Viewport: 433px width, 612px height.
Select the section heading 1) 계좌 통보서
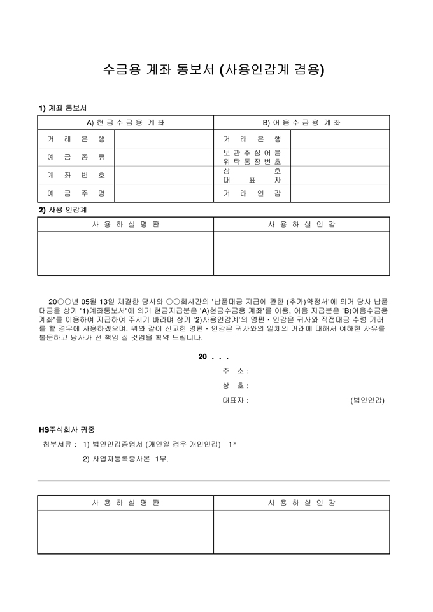pos(62,108)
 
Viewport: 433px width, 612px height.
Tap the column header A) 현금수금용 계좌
pos(125,122)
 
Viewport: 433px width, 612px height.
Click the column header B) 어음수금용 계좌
pos(301,122)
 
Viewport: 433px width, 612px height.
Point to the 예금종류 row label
pos(76,156)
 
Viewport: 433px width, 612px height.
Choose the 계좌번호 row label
pos(76,175)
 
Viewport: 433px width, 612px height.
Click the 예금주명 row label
pos(76,193)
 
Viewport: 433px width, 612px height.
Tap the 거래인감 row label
pos(252,193)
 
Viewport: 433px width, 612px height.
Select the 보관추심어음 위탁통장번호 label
pos(252,157)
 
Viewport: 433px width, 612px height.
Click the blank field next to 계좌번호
pos(164,175)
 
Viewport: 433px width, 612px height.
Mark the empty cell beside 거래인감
pos(339,193)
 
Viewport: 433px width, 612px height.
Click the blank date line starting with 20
pos(213,357)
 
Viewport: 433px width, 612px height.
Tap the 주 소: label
pos(235,371)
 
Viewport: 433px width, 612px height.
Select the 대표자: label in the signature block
pos(235,400)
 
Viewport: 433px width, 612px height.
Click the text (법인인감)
pos(367,400)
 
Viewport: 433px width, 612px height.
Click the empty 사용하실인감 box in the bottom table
pos(301,532)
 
